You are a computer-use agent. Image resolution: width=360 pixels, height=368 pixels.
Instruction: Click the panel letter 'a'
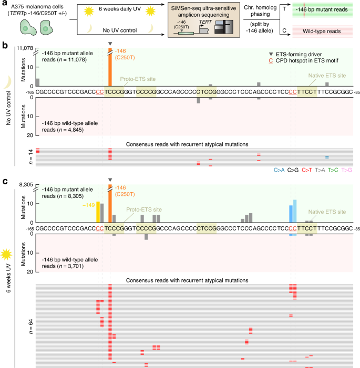coord(4,4)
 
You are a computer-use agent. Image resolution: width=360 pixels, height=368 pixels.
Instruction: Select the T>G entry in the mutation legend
coord(347,170)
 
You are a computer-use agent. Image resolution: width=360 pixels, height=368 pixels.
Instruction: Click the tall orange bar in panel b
coord(109,68)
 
